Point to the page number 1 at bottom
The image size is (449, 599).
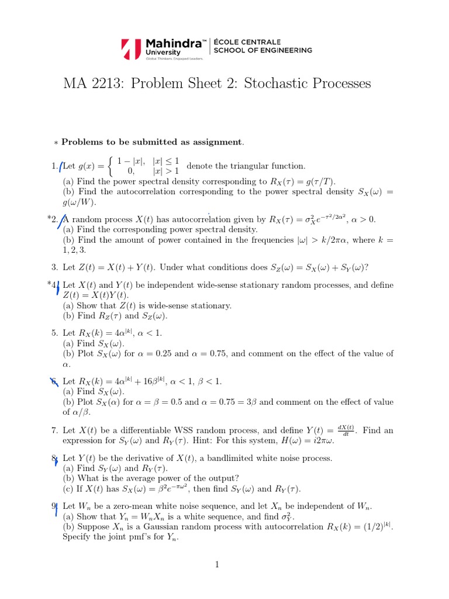tap(216, 564)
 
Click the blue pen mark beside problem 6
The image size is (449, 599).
tap(54, 382)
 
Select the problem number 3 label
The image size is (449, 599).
tap(54, 267)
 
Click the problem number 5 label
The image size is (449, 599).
tap(54, 332)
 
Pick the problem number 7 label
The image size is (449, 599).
tap(54, 431)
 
